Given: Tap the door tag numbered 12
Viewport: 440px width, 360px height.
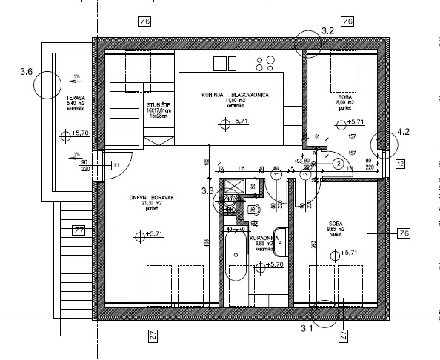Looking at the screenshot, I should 400,164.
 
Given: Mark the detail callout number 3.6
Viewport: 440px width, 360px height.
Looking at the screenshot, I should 27,73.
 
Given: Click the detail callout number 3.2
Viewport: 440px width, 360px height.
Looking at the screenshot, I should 329,30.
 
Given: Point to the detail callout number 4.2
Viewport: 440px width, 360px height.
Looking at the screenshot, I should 404,132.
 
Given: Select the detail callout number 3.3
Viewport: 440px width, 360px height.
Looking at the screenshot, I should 208,191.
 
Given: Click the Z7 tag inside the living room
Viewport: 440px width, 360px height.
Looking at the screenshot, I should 80,231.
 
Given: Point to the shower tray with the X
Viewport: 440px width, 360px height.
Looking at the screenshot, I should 236,186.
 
